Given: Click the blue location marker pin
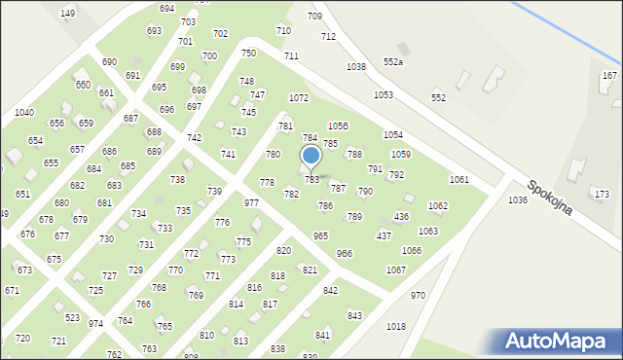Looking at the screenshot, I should [311, 157].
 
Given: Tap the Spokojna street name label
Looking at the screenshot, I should [550, 197].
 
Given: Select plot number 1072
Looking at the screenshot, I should [299, 98].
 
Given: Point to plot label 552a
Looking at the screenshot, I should [393, 62].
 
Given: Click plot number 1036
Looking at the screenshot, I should [518, 199].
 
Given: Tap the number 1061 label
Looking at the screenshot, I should [458, 180].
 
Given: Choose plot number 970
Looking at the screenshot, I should [418, 295].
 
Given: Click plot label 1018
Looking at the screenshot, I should [396, 327].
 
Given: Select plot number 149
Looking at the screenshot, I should [67, 13].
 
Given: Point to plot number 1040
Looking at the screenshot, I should [24, 113].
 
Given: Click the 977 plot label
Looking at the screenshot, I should [251, 203].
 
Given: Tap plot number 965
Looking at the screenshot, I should [320, 236].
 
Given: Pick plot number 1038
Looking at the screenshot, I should [355, 67].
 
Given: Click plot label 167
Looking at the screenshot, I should [609, 75].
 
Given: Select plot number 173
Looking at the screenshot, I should [601, 195].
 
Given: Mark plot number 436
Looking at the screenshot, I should [401, 216].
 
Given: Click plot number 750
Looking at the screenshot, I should [248, 54].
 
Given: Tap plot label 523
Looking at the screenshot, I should [72, 318].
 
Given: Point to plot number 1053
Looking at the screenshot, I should [384, 94].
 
